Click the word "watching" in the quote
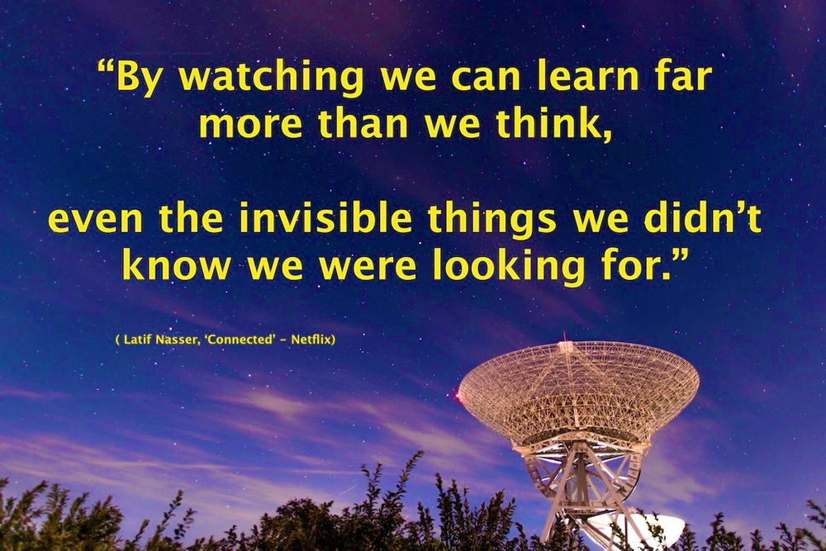[273, 77]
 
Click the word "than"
[361, 124]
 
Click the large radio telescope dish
[578, 388]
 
